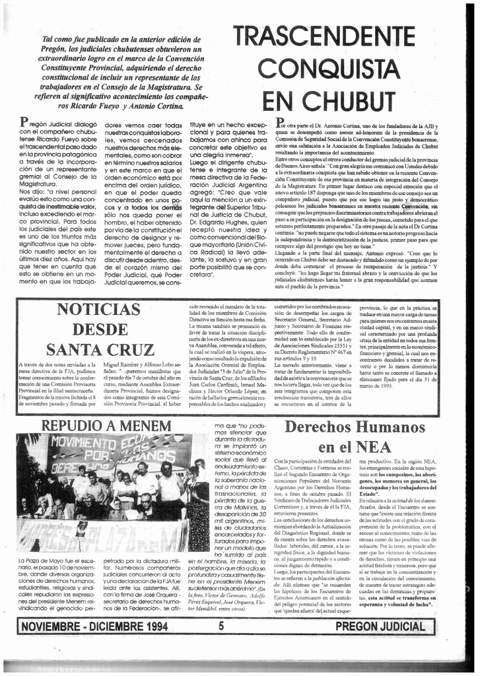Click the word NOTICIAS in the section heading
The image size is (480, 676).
point(100,309)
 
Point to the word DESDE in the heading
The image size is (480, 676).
point(100,329)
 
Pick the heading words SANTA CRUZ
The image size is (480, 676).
point(100,349)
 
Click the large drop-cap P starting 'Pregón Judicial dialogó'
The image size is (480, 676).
point(24,122)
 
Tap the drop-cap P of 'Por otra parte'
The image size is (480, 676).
point(280,123)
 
